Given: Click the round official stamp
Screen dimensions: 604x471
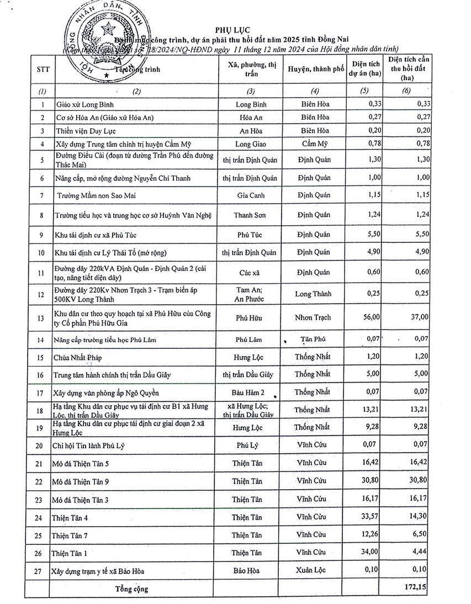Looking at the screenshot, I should [101, 43].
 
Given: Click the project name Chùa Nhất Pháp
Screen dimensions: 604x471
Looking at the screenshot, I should [78, 357].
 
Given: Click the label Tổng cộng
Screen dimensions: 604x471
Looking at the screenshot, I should [131, 589].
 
